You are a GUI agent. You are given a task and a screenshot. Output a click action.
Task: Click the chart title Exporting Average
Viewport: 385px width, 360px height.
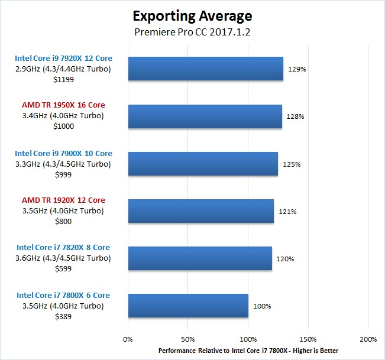[x=192, y=15]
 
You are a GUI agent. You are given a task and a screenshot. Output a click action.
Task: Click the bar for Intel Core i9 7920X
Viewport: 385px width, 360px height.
[x=205, y=69]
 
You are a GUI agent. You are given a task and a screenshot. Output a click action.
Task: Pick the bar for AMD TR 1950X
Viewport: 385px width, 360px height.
[x=205, y=116]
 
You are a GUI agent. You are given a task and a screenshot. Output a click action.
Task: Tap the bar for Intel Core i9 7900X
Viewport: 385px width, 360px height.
[x=203, y=164]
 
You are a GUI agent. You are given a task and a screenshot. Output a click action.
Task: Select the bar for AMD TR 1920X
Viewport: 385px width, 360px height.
[x=200, y=211]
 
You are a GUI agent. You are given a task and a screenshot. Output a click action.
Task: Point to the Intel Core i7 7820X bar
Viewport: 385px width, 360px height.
[x=200, y=258]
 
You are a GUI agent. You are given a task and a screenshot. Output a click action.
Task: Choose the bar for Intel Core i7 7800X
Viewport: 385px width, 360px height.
[x=188, y=306]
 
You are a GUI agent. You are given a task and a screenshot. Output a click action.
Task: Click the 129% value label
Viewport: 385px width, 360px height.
[x=296, y=69]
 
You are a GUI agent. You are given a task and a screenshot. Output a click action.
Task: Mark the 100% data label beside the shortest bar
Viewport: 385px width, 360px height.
[x=262, y=306]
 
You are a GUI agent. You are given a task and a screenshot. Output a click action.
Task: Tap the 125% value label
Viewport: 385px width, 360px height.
[x=292, y=164]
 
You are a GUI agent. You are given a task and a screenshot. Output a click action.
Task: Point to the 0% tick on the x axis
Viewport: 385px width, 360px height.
[x=128, y=340]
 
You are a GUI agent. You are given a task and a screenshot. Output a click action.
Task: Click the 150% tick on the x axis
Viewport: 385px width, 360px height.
[x=308, y=340]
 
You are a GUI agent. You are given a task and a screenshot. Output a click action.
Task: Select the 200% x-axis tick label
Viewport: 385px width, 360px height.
[x=368, y=340]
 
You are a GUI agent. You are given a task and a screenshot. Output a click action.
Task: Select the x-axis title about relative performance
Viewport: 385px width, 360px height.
[x=248, y=351]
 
